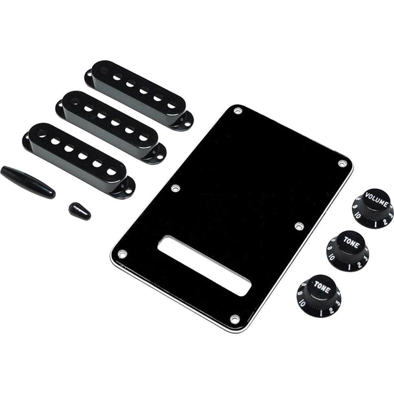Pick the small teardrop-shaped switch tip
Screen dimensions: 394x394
coord(79,211)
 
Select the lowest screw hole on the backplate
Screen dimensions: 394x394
coord(235,317)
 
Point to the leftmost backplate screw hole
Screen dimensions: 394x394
coord(122,255)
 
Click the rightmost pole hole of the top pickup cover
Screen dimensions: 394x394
coord(172,105)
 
